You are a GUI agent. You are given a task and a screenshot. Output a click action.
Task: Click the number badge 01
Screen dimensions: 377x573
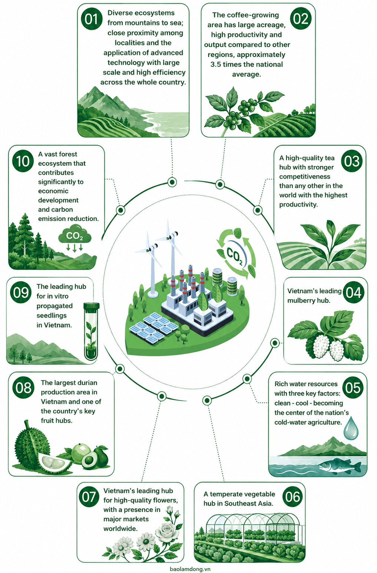92,19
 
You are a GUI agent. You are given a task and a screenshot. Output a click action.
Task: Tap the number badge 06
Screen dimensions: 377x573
293,497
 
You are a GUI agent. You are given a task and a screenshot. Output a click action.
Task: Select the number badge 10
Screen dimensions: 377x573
23,161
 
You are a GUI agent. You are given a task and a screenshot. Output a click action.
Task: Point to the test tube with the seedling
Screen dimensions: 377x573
91,331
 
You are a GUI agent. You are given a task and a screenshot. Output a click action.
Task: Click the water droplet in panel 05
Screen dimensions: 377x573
351,428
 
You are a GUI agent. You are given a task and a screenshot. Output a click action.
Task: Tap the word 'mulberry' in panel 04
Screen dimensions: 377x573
301,300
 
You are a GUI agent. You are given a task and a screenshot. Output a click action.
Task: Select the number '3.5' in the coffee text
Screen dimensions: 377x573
215,64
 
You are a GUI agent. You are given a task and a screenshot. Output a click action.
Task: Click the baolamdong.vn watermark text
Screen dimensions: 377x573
190,569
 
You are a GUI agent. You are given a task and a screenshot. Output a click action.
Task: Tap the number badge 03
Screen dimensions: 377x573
352,161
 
